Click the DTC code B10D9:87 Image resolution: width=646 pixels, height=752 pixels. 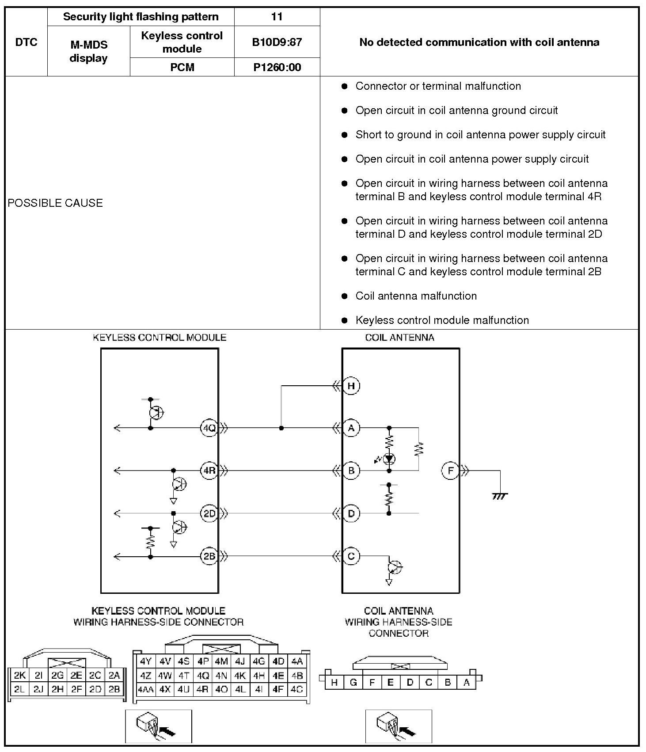pyautogui.click(x=277, y=42)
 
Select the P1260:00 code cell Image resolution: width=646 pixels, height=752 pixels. pyautogui.click(x=277, y=67)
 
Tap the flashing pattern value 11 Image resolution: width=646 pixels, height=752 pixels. pyautogui.click(x=277, y=17)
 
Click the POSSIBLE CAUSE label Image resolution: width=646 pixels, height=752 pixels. pyautogui.click(x=55, y=203)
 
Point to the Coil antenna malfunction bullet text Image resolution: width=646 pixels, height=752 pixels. pyautogui.click(x=416, y=296)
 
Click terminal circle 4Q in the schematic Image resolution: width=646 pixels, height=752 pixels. pyautogui.click(x=209, y=428)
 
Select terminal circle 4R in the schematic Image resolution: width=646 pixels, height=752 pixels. pyautogui.click(x=209, y=471)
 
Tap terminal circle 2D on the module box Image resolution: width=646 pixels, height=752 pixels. pyautogui.click(x=209, y=513)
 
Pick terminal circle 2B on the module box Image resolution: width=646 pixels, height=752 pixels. pyautogui.click(x=209, y=556)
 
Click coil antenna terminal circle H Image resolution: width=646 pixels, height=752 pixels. pyautogui.click(x=351, y=386)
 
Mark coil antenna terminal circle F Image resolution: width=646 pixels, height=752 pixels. pyautogui.click(x=450, y=471)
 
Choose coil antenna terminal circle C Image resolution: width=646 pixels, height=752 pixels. pyautogui.click(x=351, y=556)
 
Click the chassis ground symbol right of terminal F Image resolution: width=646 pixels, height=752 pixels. pyautogui.click(x=500, y=496)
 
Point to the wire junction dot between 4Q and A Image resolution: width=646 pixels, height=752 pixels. pyautogui.click(x=281, y=428)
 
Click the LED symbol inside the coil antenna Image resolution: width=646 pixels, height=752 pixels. pyautogui.click(x=389, y=459)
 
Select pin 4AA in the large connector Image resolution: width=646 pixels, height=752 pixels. pyautogui.click(x=145, y=689)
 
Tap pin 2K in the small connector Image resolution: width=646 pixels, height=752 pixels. pyautogui.click(x=19, y=675)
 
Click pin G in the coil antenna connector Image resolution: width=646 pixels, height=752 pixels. pyautogui.click(x=353, y=683)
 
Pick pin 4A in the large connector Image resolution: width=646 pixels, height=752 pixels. pyautogui.click(x=297, y=661)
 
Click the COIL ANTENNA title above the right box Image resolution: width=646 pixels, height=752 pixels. pyautogui.click(x=399, y=338)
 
